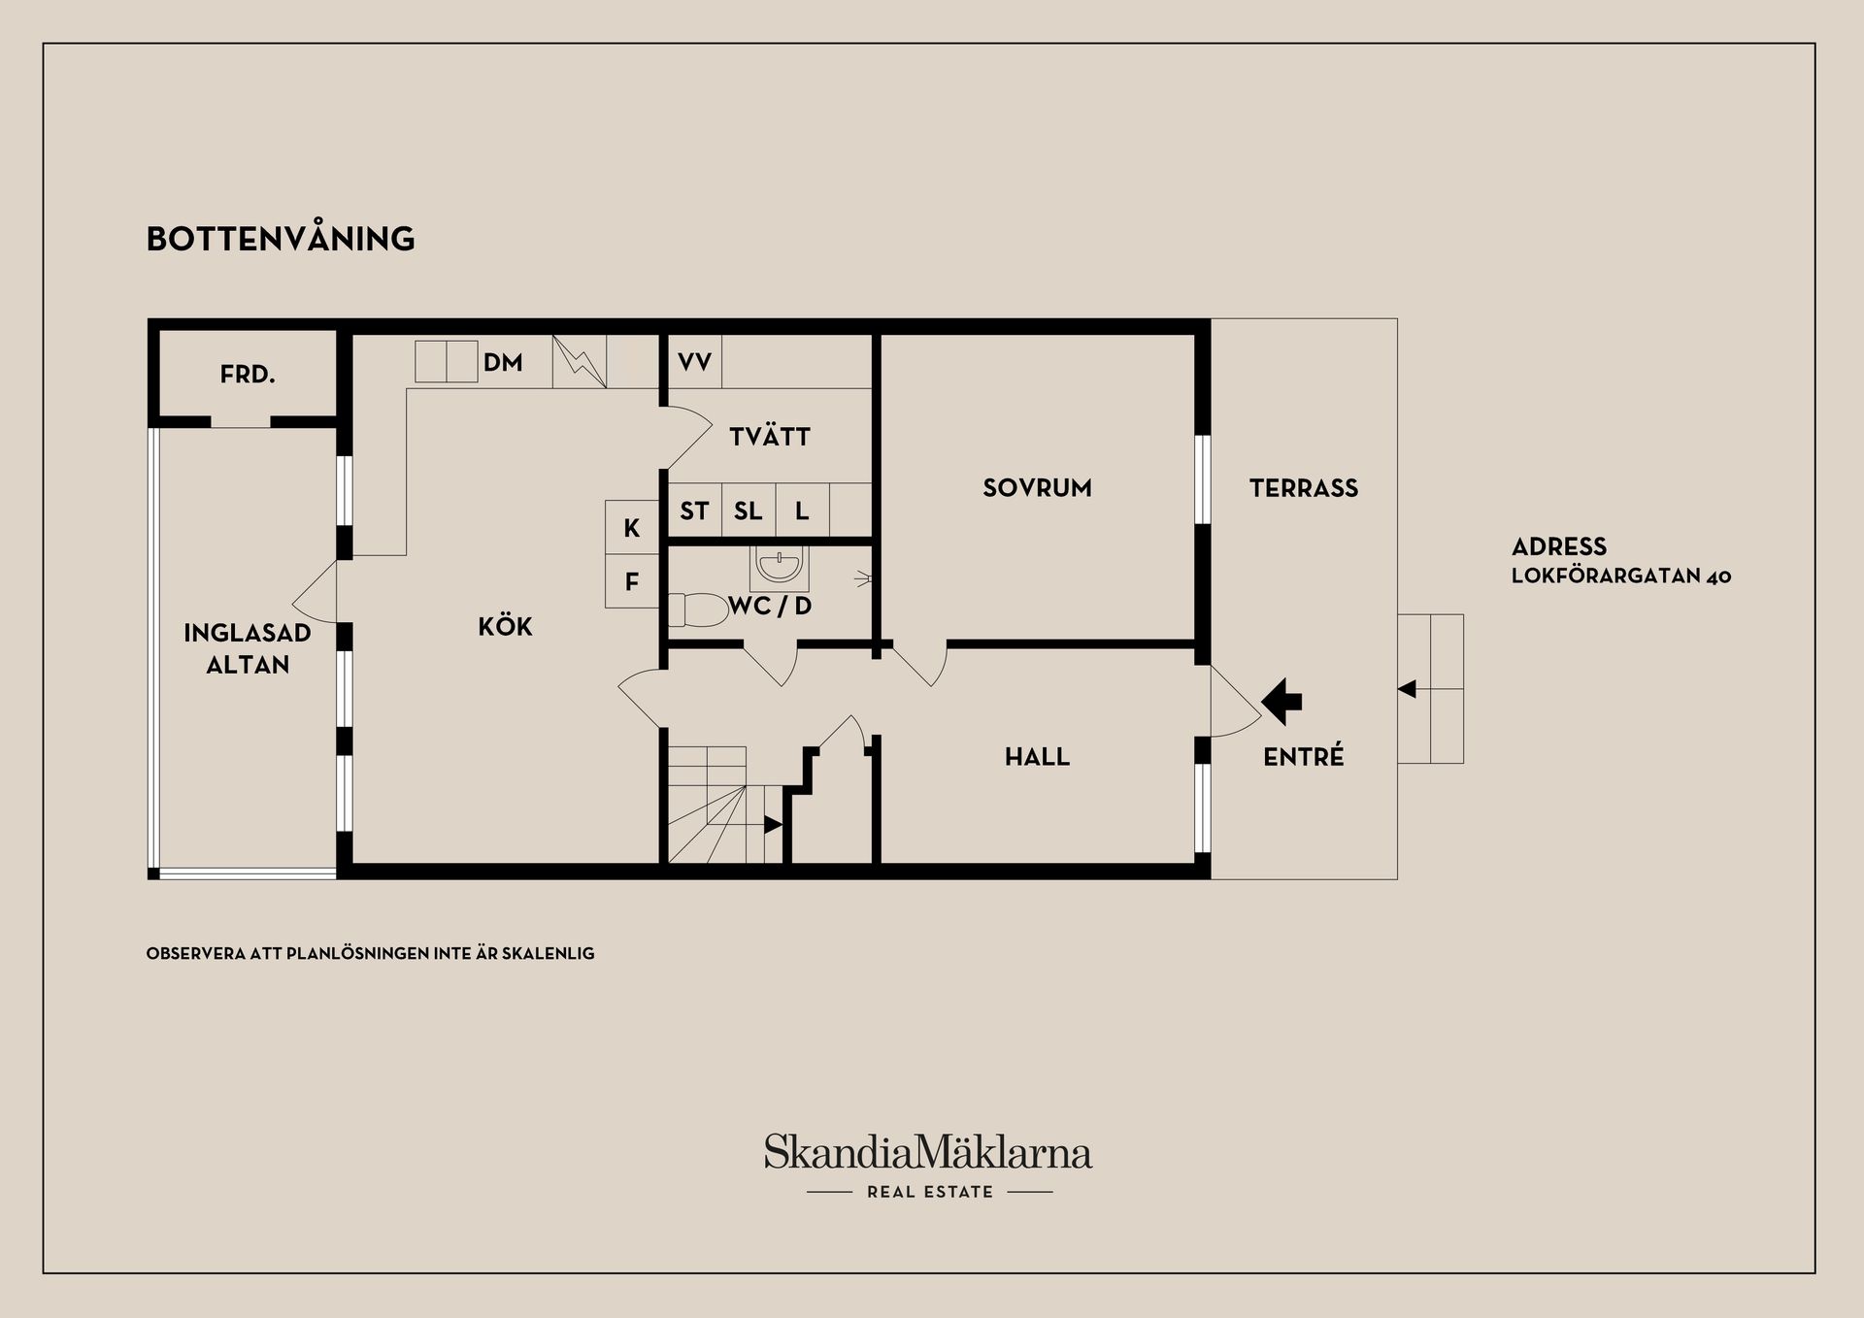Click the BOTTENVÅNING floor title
coord(281,238)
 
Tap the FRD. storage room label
coord(248,374)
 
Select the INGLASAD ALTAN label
coord(248,648)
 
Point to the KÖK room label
coord(505,626)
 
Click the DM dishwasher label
coord(503,362)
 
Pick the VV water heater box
coord(695,362)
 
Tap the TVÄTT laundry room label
coord(770,437)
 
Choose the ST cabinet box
coord(695,511)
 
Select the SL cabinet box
coord(749,511)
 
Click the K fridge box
coord(632,527)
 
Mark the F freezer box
coord(632,581)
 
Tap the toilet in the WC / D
coord(698,610)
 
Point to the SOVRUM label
coord(1037,487)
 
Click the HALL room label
coord(1037,756)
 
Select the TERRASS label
coord(1304,487)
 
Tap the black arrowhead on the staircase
coord(774,825)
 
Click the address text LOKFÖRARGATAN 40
coord(1621,576)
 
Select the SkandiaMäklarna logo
coord(928,1165)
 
